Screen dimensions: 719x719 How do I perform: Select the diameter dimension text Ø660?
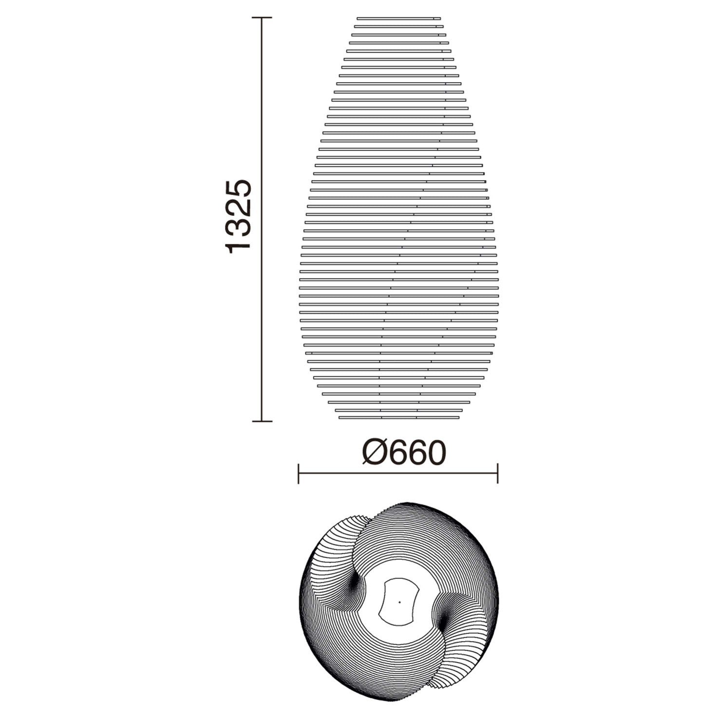[x=404, y=453]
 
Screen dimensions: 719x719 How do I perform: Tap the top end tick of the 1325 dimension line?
[x=262, y=18]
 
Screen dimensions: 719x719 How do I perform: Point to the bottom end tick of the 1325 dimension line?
[x=262, y=421]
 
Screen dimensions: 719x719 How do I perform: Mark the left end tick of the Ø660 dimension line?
[x=298, y=473]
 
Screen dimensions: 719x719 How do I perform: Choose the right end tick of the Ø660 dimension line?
[x=497, y=473]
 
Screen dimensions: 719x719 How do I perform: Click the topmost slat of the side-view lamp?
[x=398, y=19]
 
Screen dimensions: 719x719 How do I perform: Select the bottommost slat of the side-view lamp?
[x=399, y=417]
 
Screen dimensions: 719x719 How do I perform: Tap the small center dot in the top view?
[x=399, y=602]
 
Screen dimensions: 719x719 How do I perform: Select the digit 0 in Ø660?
[x=434, y=453]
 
